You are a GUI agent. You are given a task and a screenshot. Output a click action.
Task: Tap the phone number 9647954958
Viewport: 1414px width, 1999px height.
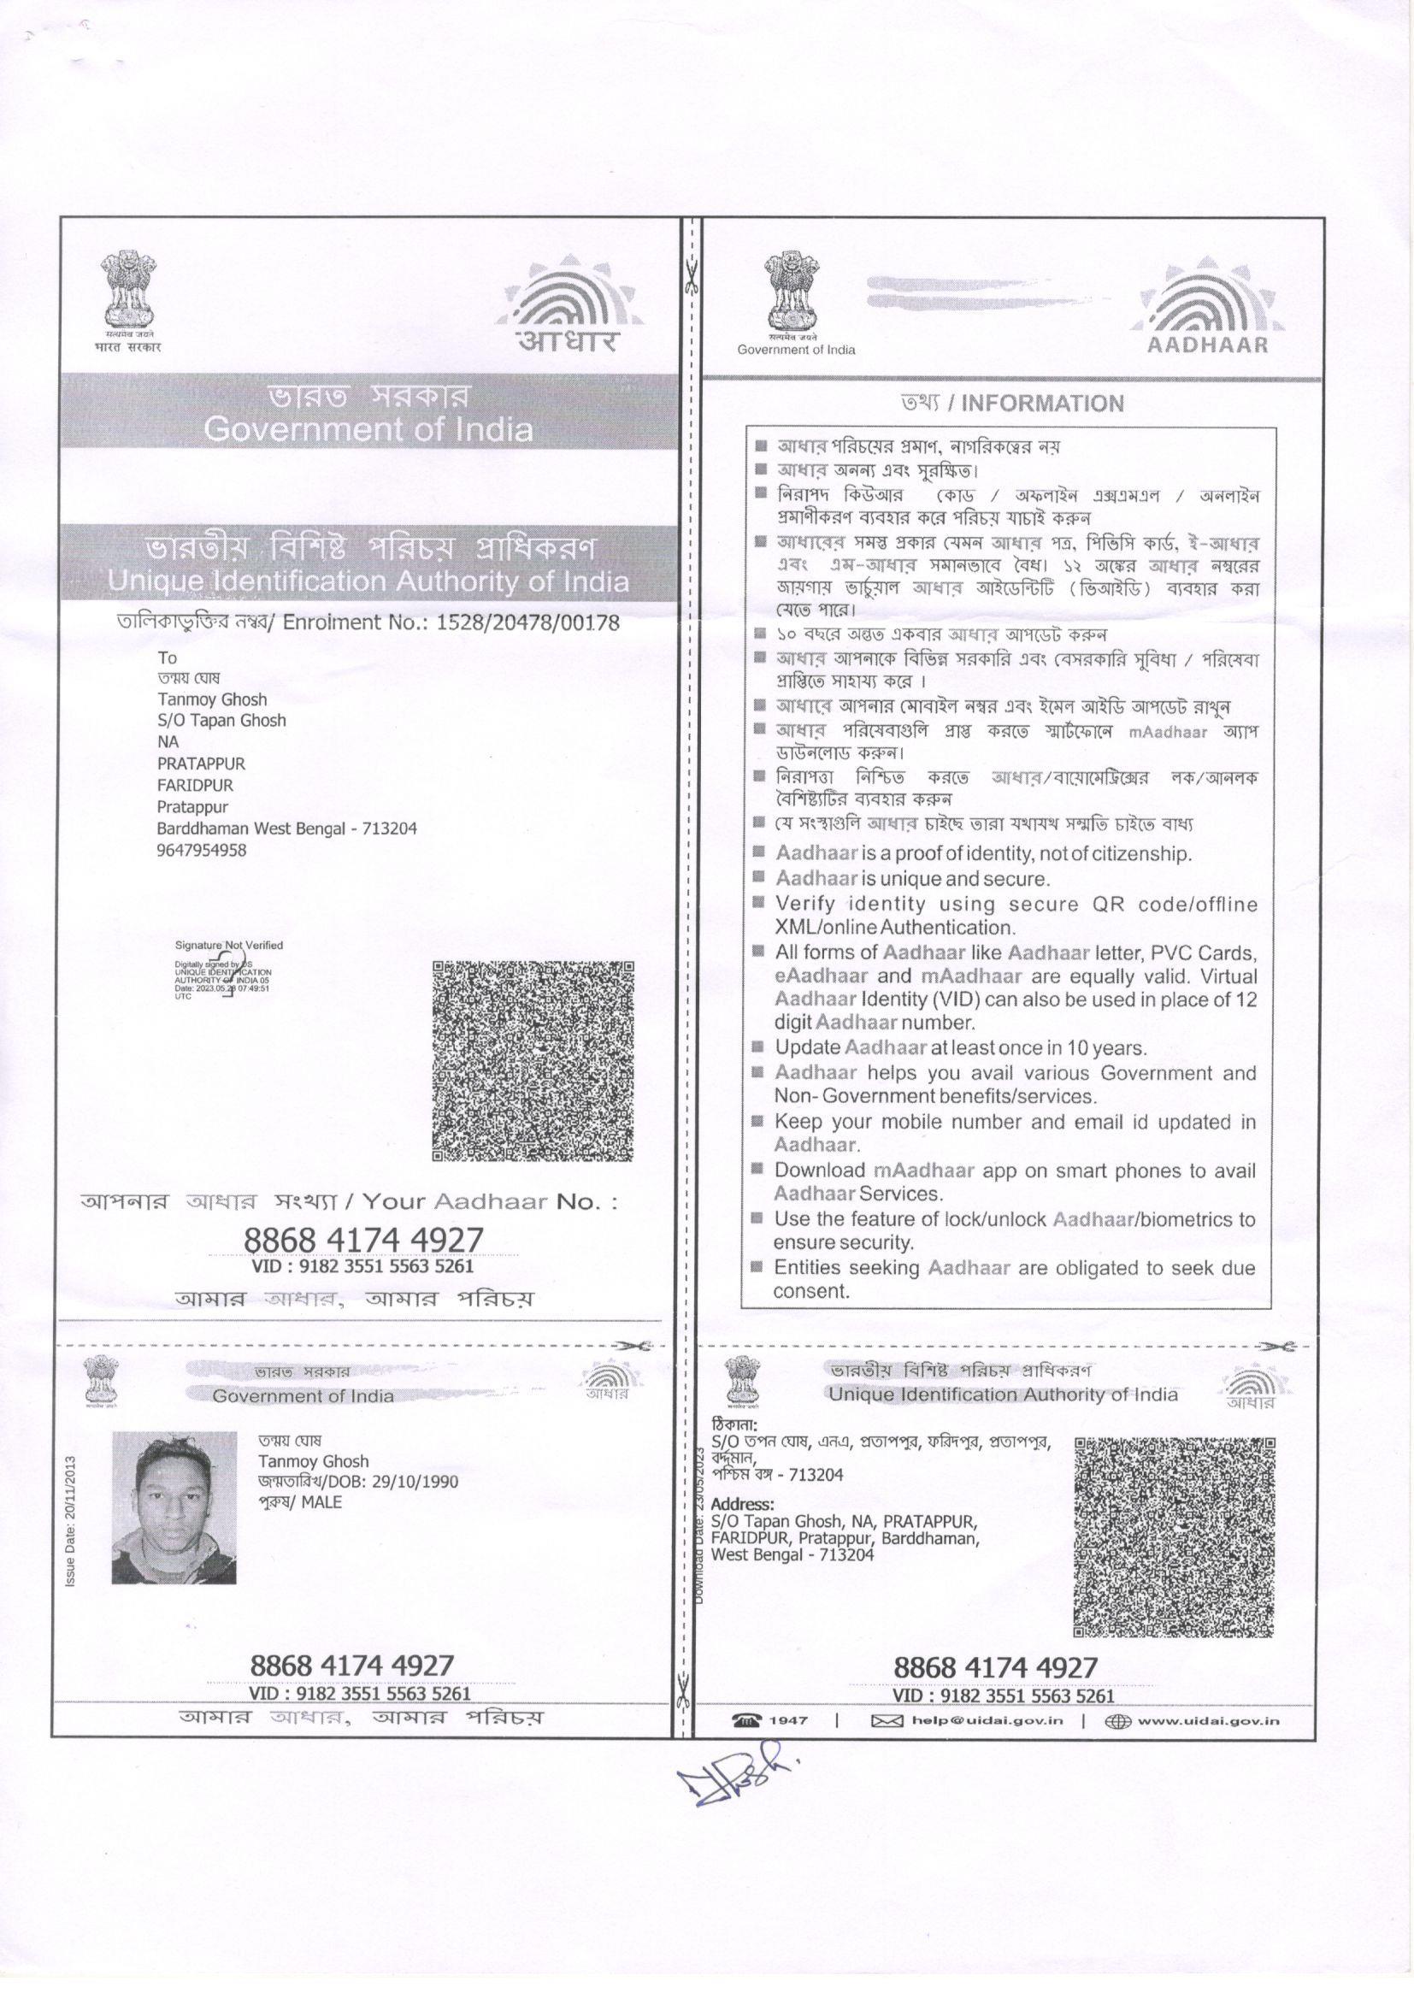201,850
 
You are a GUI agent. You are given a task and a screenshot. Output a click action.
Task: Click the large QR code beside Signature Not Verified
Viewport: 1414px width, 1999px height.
533,1060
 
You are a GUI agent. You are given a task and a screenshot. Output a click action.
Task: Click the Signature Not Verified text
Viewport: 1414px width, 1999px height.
229,945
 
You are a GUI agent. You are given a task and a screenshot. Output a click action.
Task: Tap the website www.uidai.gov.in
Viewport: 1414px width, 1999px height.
1208,1719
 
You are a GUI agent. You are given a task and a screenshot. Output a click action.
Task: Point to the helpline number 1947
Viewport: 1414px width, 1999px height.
789,1720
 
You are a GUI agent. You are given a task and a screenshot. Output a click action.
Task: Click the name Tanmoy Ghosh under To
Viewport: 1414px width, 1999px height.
213,699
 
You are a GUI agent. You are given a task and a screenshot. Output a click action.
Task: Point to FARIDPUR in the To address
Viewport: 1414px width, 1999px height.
195,784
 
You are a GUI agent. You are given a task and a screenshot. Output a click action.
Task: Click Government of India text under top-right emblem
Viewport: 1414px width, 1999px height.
796,350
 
